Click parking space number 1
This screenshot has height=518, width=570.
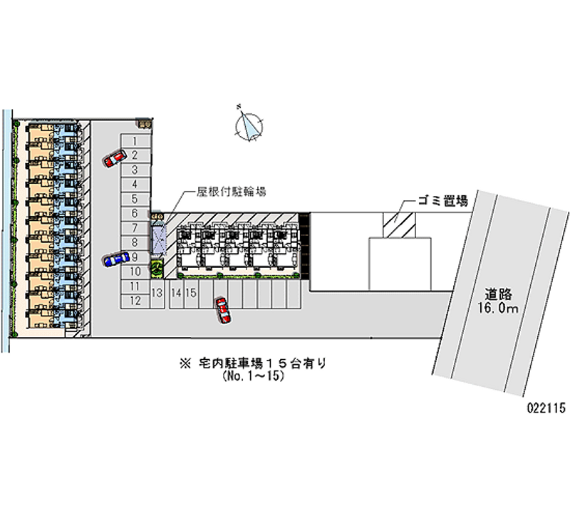pos(134,140)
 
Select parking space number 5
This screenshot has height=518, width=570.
pos(134,199)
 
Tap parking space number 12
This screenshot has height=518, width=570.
pos(134,301)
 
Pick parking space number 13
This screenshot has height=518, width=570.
pos(157,293)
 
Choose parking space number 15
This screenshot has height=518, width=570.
pos(191,293)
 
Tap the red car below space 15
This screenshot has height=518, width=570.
pos(223,310)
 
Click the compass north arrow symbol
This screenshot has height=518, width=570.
pos(249,125)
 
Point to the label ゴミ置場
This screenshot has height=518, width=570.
pos(442,202)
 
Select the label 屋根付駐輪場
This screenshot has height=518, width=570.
pos(232,192)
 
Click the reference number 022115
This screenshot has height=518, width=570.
pos(545,408)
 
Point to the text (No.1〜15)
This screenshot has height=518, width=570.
pos(254,376)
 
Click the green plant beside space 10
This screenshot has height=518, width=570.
pos(156,269)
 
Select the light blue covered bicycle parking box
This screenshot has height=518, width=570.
pos(157,237)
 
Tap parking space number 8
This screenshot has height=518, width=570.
pos(134,242)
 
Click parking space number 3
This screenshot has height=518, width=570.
pos(134,170)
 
